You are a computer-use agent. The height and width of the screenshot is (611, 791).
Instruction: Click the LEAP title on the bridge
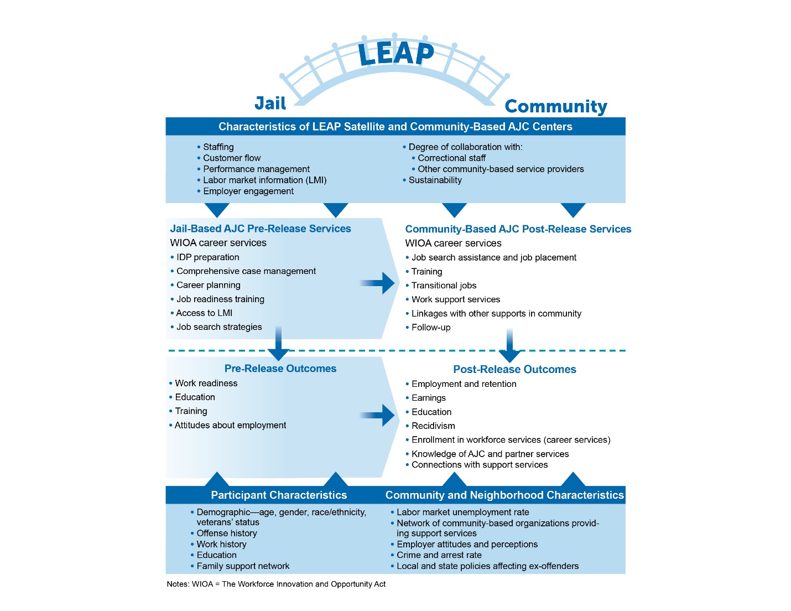coord(396,54)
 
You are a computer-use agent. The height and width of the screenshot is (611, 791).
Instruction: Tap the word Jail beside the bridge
coord(270,103)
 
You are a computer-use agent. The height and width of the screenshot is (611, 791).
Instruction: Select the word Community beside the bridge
coord(555,106)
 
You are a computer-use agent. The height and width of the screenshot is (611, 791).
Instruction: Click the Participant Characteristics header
coord(279,495)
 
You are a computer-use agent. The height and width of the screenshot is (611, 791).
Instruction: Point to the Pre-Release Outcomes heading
coord(280,369)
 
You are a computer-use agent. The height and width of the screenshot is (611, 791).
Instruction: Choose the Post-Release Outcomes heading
coord(514,370)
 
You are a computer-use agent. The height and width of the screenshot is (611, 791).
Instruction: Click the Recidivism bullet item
coord(433,426)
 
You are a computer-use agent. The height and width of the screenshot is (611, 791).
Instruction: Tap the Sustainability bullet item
coord(435,180)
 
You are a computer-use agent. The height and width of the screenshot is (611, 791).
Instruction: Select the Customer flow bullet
coord(231,158)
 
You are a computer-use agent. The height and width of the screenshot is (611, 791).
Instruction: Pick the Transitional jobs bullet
coord(444,286)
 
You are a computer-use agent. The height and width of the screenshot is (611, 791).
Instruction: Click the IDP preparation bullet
coord(207,257)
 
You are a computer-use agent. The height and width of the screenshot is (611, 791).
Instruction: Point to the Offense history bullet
coord(227,534)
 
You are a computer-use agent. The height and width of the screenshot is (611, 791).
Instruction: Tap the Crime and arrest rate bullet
coord(439,555)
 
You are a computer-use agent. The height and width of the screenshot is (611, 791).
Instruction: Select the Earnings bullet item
coord(428,398)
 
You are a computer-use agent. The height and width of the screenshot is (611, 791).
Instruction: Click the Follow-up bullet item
coord(430,328)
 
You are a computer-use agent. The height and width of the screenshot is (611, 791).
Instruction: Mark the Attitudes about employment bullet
coord(230,426)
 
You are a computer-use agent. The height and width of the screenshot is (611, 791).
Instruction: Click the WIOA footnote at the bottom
coord(276,584)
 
